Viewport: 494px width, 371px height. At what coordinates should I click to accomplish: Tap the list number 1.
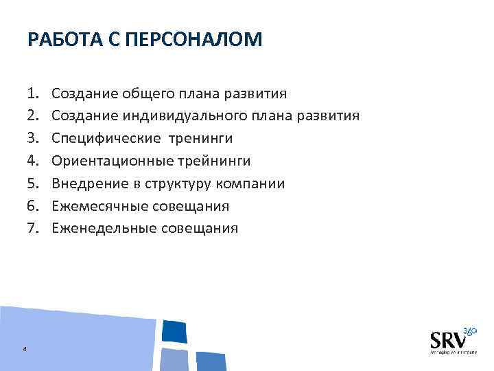click(33, 93)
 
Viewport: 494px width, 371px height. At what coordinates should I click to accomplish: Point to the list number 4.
click(33, 161)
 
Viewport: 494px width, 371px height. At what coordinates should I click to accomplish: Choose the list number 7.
click(33, 229)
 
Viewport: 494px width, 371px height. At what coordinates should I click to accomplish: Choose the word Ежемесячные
click(95, 207)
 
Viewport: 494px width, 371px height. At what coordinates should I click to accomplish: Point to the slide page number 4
click(25, 349)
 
